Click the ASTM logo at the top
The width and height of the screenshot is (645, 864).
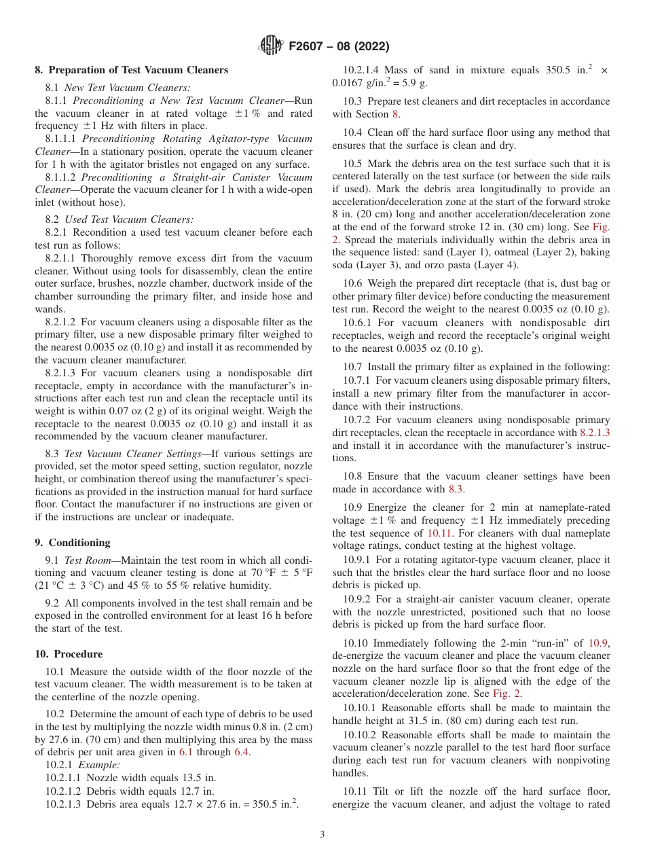(270, 46)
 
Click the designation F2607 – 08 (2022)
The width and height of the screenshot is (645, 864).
(339, 47)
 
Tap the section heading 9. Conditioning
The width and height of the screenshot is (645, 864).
(72, 543)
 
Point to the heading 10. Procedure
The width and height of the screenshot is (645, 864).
(69, 654)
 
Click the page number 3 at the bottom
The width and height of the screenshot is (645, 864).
(322, 834)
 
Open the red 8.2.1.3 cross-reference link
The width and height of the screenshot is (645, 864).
(594, 433)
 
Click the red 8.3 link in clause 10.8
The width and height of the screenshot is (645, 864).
(456, 489)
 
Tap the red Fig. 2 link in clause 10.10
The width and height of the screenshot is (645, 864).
(507, 694)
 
